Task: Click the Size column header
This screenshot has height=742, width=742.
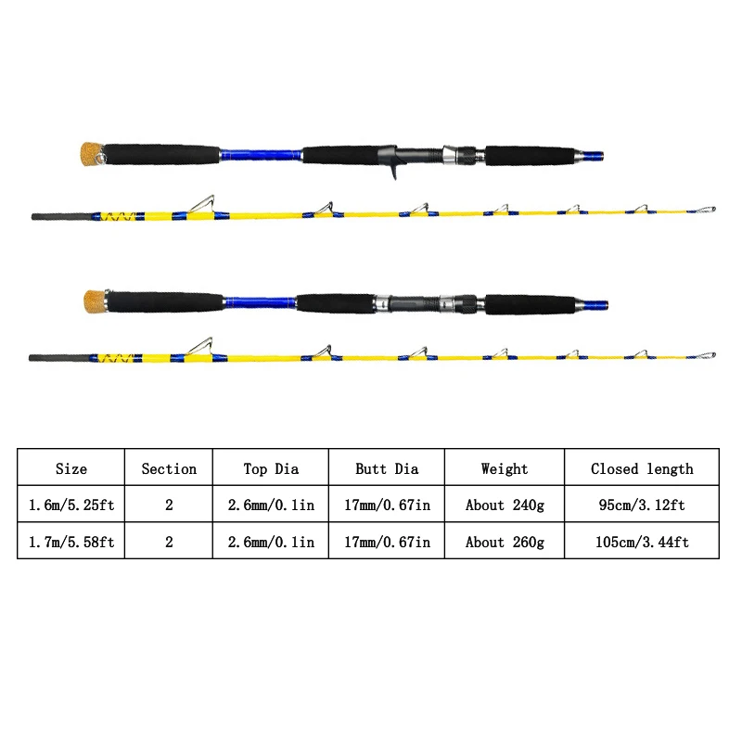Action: pos(71,468)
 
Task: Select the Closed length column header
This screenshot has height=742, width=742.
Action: pos(642,468)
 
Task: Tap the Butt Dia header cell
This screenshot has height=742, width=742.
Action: pos(387,468)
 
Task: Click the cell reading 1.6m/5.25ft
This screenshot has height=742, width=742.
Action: pos(71,505)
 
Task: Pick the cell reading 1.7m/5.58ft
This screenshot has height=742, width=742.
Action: pos(71,542)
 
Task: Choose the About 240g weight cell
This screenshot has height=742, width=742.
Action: pos(505,505)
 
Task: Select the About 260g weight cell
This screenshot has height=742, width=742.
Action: pos(505,542)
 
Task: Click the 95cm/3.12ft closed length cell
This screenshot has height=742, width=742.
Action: pos(642,505)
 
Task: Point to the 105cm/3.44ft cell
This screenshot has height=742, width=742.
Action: pos(642,542)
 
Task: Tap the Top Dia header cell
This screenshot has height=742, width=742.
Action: pos(271,468)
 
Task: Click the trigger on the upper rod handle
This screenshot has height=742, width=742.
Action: pos(392,171)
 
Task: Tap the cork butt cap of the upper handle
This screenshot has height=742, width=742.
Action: pos(90,153)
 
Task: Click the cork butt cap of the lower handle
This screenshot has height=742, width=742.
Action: pos(95,301)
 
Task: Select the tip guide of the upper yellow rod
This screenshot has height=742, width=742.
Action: pos(707,210)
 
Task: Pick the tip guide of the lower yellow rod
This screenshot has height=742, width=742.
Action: pos(707,355)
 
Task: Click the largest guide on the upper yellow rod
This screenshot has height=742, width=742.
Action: pos(202,204)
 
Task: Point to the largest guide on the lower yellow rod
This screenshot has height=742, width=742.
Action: pos(200,346)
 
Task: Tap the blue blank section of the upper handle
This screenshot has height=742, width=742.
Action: pos(261,155)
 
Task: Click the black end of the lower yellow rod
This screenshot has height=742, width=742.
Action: pos(59,358)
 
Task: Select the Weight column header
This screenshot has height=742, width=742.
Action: pos(505,468)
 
